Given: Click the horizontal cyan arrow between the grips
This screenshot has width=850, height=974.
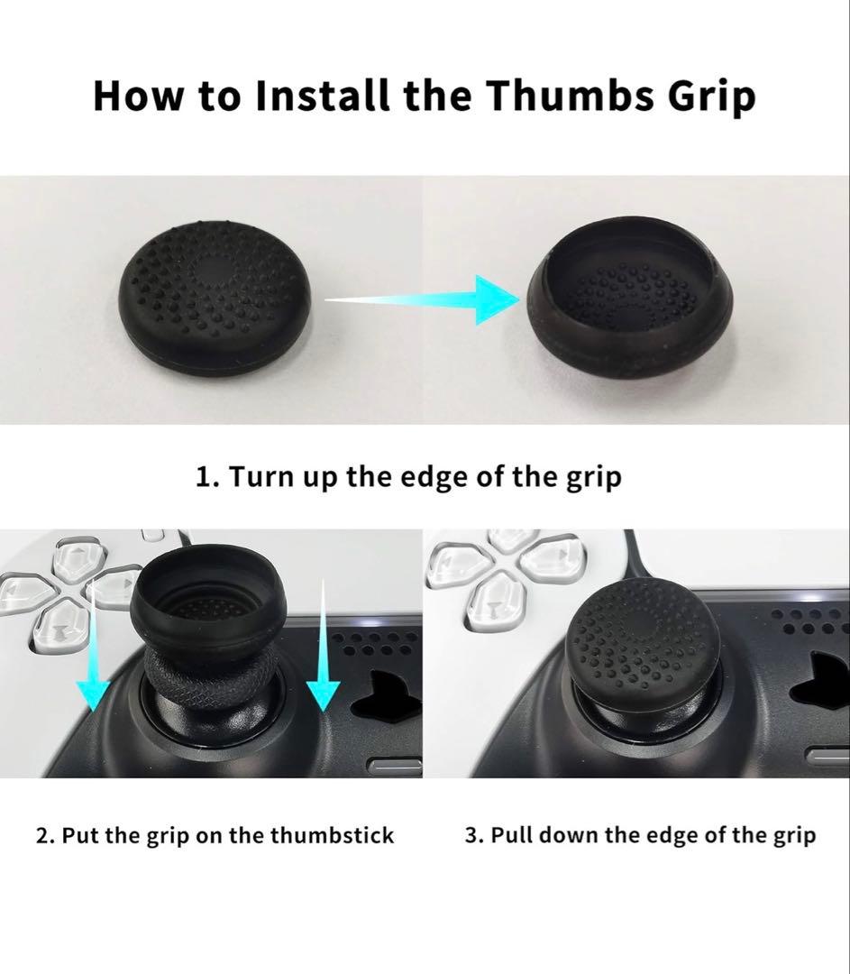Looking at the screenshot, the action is pos(422,299).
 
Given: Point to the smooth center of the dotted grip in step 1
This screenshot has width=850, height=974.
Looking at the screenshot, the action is pos(215,273).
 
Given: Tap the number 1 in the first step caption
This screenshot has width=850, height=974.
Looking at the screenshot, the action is pos(203,477).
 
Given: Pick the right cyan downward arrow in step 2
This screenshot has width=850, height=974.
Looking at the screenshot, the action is pos(323,645).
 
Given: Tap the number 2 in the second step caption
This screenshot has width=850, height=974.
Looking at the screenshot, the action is pos(43,835).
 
